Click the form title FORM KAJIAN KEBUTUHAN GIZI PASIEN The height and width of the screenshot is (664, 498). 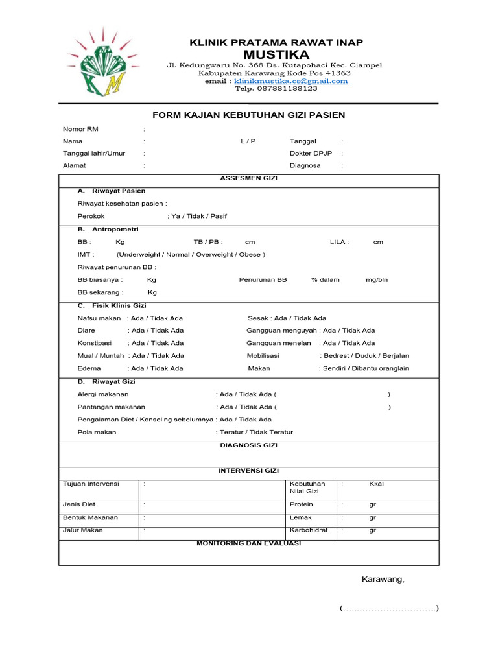point(248,115)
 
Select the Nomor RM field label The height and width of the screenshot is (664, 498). point(80,129)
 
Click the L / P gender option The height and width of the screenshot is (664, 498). point(248,141)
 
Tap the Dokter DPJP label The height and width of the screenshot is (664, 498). point(310,154)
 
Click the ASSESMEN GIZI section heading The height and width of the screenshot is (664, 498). point(248,178)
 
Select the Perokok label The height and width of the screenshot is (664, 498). point(91,216)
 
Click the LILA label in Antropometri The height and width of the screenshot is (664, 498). point(339,242)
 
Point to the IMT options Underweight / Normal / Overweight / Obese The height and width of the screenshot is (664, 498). point(191,254)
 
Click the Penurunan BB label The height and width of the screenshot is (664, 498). point(263,280)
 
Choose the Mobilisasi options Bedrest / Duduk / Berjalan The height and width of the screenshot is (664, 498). point(364,356)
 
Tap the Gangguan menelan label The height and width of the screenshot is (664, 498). point(279,343)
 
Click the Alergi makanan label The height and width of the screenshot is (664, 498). point(103,394)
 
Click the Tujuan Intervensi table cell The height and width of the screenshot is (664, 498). point(91,484)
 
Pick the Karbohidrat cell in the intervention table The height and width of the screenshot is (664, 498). point(309,530)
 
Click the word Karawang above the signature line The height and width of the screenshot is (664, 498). point(383,580)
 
